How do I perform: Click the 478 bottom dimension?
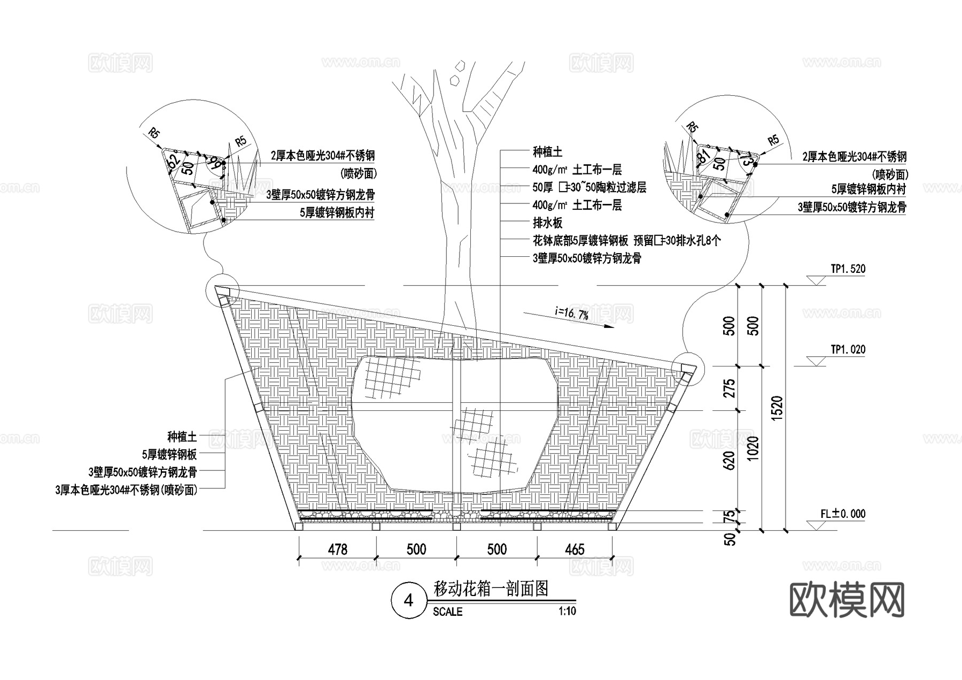(337, 549)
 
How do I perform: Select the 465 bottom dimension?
(575, 549)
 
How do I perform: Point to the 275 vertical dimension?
(729, 388)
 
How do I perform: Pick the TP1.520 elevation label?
(848, 269)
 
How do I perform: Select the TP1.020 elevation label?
(848, 350)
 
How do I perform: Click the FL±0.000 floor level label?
(843, 514)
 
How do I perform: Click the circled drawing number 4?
(409, 601)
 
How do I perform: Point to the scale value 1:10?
(567, 611)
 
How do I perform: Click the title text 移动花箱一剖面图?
(491, 589)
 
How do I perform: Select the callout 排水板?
(547, 223)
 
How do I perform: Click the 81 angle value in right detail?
(704, 156)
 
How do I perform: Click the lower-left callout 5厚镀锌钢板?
(169, 455)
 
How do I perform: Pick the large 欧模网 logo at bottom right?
(847, 600)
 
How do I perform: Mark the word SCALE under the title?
(447, 612)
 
